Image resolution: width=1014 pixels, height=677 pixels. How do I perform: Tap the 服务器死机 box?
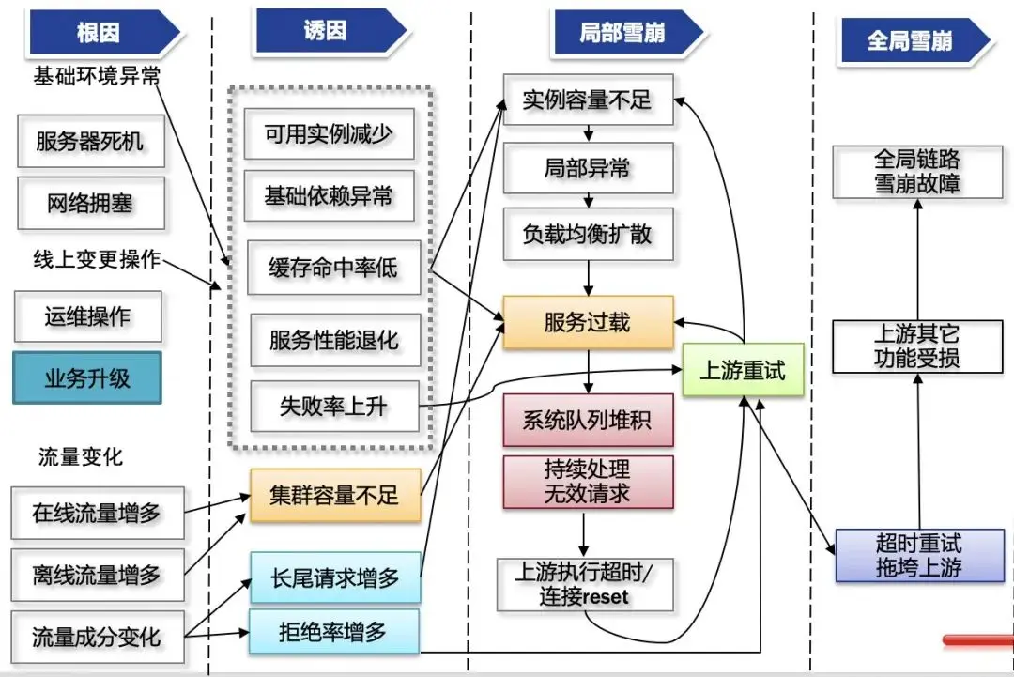click(x=90, y=142)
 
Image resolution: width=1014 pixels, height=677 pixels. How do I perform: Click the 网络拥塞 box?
click(x=90, y=203)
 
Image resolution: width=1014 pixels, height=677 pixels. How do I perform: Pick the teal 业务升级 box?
click(x=87, y=379)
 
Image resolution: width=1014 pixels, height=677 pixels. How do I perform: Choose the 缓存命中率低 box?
click(x=333, y=269)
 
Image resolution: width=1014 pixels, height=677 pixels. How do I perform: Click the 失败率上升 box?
click(x=333, y=407)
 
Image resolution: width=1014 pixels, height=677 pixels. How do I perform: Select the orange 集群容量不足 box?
click(x=334, y=496)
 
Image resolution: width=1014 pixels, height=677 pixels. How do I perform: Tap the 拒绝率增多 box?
click(x=332, y=631)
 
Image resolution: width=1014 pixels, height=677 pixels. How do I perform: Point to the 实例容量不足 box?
click(x=588, y=100)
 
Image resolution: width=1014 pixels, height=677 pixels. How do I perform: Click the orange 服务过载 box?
click(x=588, y=323)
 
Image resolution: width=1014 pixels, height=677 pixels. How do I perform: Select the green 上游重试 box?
click(x=743, y=370)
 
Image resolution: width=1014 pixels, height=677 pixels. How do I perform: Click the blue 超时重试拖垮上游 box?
click(x=918, y=555)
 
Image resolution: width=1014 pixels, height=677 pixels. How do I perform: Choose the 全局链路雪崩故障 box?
click(x=917, y=171)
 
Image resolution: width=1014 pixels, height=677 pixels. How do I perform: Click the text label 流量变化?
click(x=81, y=457)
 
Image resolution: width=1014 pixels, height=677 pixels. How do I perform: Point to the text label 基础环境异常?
click(x=98, y=76)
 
